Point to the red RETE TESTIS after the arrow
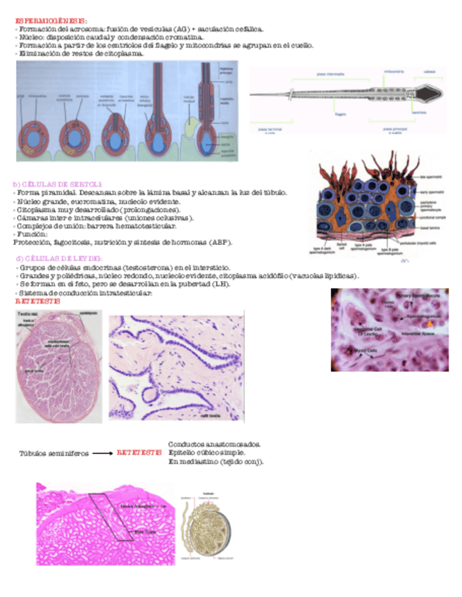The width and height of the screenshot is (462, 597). [x=139, y=453]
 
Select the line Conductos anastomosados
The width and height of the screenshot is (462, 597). [x=214, y=444]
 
